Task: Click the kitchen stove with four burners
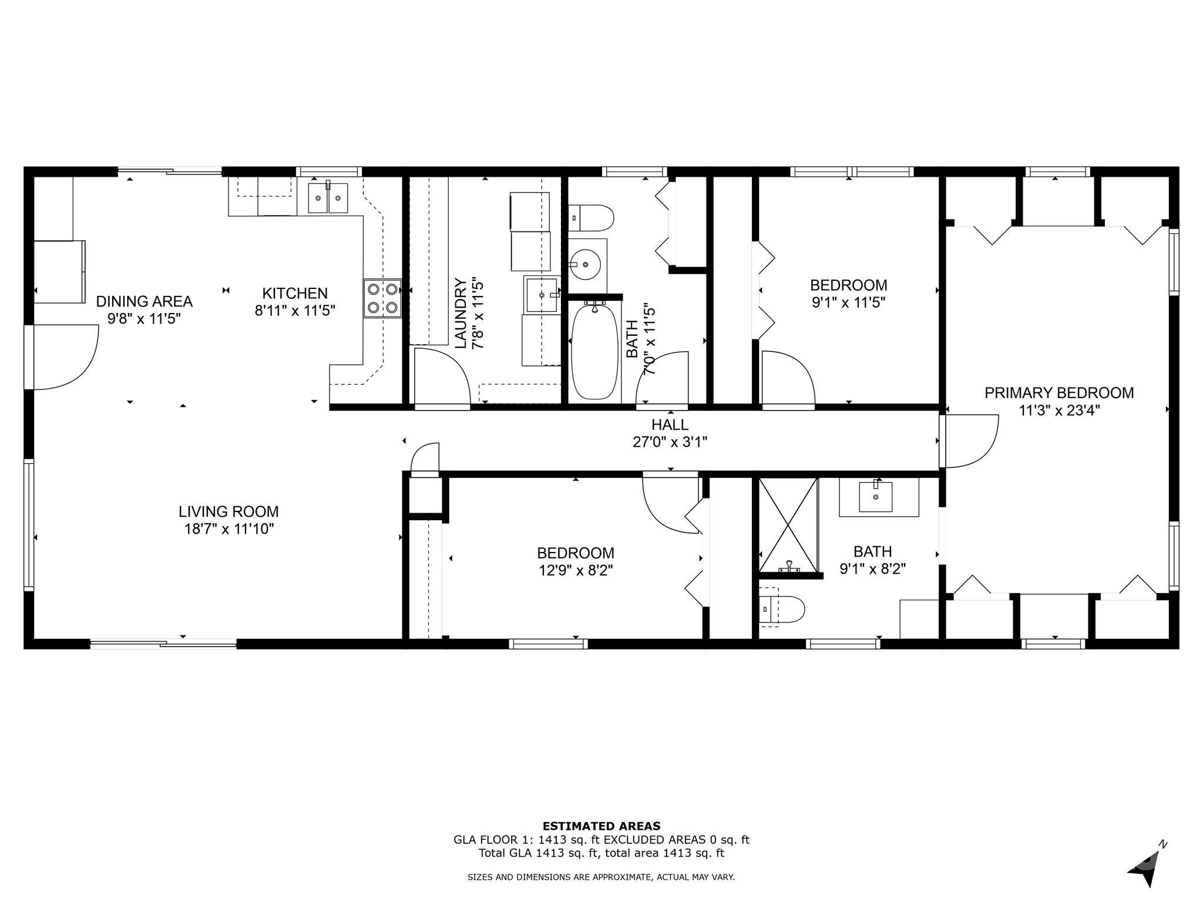tap(382, 298)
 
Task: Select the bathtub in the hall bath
tap(595, 351)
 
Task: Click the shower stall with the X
tap(788, 525)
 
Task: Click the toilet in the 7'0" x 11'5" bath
tap(592, 218)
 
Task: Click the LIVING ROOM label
tap(229, 511)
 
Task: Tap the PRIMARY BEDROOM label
tap(1059, 393)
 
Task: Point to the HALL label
tap(670, 424)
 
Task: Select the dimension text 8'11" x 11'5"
tap(295, 310)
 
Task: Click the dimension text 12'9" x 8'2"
tap(576, 570)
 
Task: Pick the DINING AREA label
tap(144, 301)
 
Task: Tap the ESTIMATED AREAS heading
tap(601, 826)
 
